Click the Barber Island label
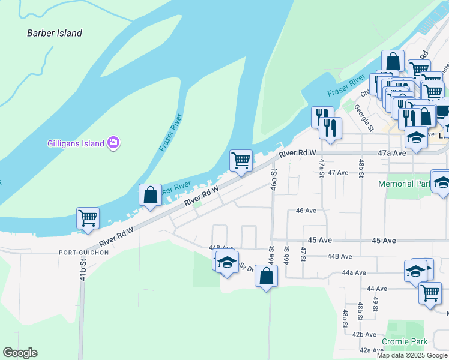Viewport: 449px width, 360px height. (55, 33)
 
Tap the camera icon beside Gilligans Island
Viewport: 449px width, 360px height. (113, 143)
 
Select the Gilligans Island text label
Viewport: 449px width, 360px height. (75, 143)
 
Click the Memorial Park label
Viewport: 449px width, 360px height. (405, 184)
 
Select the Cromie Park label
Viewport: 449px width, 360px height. (407, 342)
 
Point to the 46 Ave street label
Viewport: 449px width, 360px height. (306, 211)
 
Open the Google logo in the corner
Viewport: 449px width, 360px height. (20, 353)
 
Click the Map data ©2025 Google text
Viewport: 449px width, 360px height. (412, 355)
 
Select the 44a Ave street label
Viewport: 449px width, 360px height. (354, 272)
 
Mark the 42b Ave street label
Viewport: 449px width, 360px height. (364, 334)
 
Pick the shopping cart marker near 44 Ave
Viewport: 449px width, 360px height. (430, 293)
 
